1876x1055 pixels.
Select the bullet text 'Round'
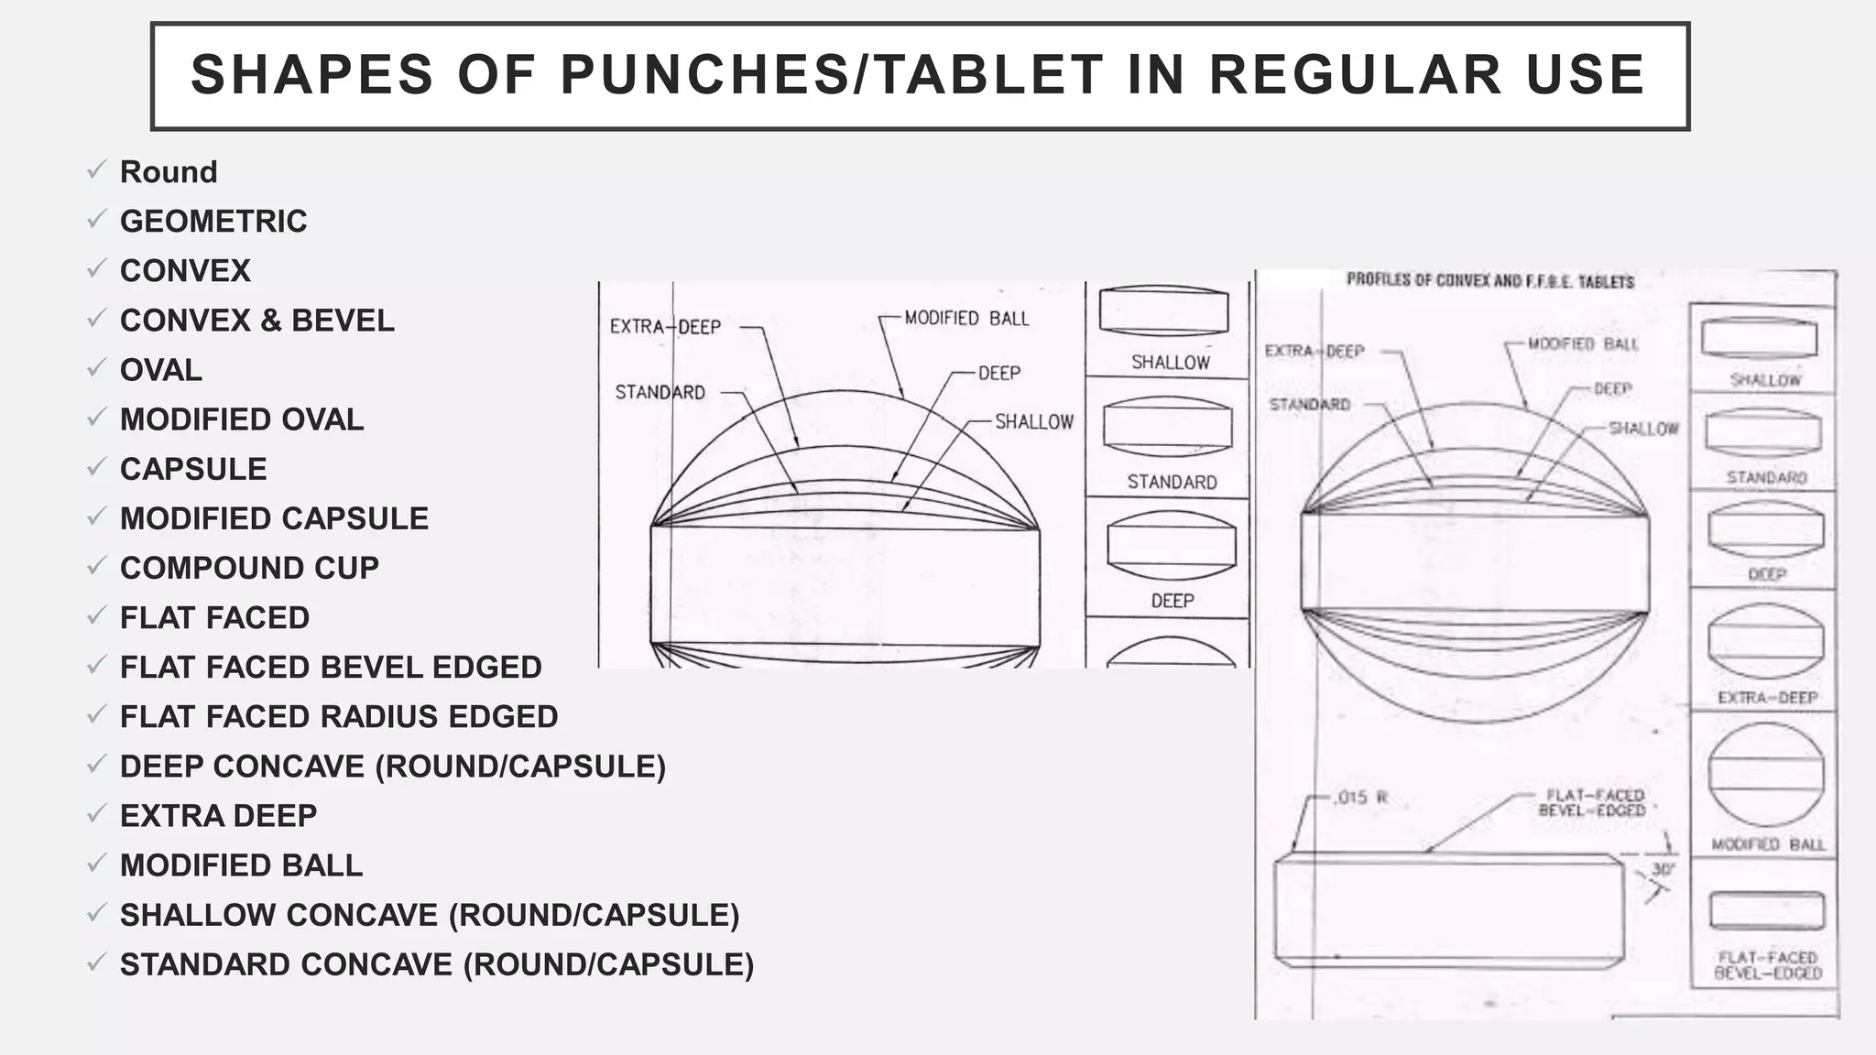point(169,172)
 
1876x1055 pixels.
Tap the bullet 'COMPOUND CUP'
point(249,568)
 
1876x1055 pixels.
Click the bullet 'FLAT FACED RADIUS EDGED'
point(339,716)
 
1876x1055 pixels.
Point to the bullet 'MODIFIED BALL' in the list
point(241,865)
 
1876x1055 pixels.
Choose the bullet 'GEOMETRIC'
point(213,222)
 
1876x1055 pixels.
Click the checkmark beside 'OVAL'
point(96,368)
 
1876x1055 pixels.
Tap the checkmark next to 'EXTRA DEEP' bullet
point(96,813)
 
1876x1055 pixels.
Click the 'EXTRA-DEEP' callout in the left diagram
point(666,327)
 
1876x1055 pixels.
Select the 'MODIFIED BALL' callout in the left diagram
point(966,319)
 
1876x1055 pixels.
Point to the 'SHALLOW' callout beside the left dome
point(1034,422)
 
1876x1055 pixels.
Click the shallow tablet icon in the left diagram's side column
point(1163,311)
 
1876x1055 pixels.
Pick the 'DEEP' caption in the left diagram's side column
point(1172,601)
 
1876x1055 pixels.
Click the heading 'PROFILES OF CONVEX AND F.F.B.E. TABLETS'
point(1490,281)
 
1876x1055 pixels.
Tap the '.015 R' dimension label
point(1362,798)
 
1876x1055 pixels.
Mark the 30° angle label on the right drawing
point(1663,869)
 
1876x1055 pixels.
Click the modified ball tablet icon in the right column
point(1765,775)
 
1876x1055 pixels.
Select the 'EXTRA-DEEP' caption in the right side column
point(1767,698)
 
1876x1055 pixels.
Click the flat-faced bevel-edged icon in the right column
point(1767,912)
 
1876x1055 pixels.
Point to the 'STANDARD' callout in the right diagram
point(1310,405)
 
